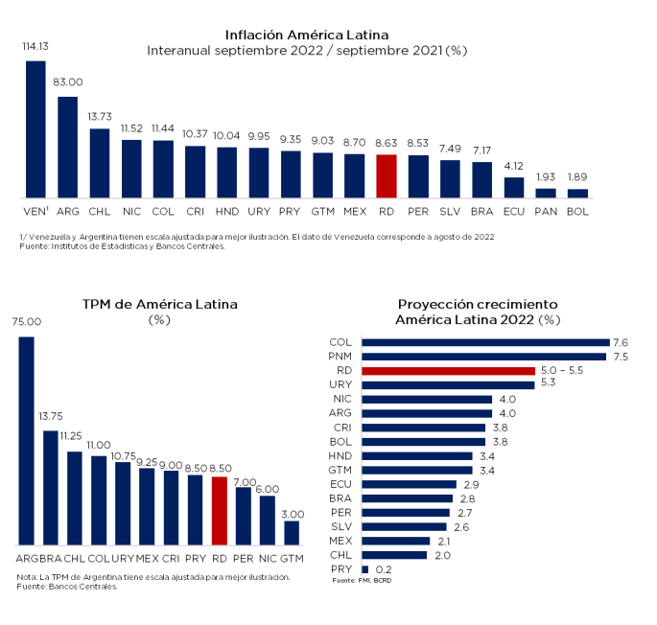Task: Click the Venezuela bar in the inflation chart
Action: tap(35, 129)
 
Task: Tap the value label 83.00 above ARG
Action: tap(67, 82)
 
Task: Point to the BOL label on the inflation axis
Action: tap(577, 208)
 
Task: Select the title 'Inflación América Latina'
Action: tap(307, 35)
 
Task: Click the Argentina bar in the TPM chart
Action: tap(26, 441)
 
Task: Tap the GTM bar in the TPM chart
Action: tap(292, 533)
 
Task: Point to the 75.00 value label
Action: tap(26, 322)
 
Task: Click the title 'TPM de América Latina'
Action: tap(159, 304)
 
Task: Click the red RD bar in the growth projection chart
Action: tap(448, 370)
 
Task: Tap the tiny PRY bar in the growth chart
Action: tap(364, 569)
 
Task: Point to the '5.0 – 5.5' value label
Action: tap(562, 370)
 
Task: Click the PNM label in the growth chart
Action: tap(340, 357)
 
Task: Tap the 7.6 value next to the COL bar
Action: tap(621, 342)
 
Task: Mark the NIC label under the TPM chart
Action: tap(268, 557)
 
